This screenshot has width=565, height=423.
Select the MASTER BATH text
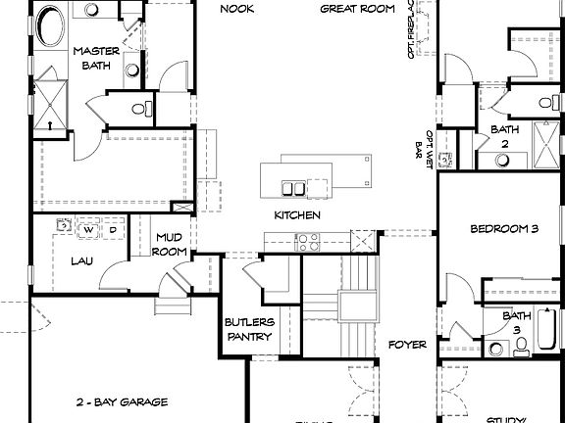click(x=96, y=58)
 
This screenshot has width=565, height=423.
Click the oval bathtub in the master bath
click(x=46, y=26)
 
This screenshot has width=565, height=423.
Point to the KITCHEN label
click(x=297, y=214)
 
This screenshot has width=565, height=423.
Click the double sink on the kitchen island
click(x=291, y=186)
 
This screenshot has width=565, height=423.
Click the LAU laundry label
click(x=80, y=261)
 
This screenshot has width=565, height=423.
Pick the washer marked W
click(x=88, y=229)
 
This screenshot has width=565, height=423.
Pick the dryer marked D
click(x=112, y=229)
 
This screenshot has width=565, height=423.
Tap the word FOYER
click(x=406, y=345)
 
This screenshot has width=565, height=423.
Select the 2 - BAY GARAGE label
click(x=122, y=401)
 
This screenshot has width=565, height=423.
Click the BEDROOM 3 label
click(x=504, y=229)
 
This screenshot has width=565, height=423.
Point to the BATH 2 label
click(x=504, y=136)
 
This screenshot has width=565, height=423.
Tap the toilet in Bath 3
click(x=521, y=344)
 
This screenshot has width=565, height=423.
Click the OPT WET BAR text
click(x=429, y=145)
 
